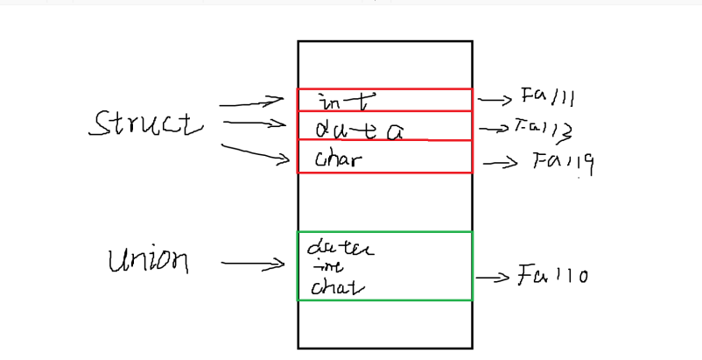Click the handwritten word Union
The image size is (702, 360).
[x=148, y=260]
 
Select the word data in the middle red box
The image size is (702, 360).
[x=359, y=130]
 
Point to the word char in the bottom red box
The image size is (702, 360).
[x=338, y=159]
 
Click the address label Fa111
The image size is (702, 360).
[x=548, y=97]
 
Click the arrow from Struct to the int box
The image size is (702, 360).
[x=251, y=103]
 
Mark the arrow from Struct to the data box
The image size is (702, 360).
[x=255, y=124]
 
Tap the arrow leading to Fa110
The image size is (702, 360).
[x=493, y=278]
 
